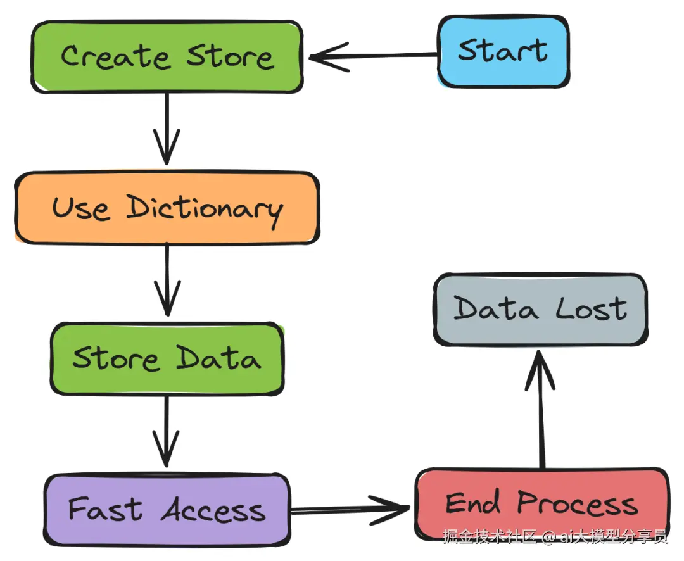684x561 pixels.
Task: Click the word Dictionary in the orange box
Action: point(204,209)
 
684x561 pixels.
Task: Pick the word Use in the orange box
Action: point(80,208)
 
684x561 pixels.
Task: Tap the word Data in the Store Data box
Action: point(218,358)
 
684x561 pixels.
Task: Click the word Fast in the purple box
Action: point(105,509)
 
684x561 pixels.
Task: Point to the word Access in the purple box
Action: point(213,509)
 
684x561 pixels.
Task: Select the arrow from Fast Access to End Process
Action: point(348,508)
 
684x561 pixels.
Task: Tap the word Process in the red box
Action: point(577,504)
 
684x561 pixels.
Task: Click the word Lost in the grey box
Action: point(592,309)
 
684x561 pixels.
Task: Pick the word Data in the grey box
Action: point(497,309)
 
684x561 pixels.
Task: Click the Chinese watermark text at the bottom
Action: point(555,537)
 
